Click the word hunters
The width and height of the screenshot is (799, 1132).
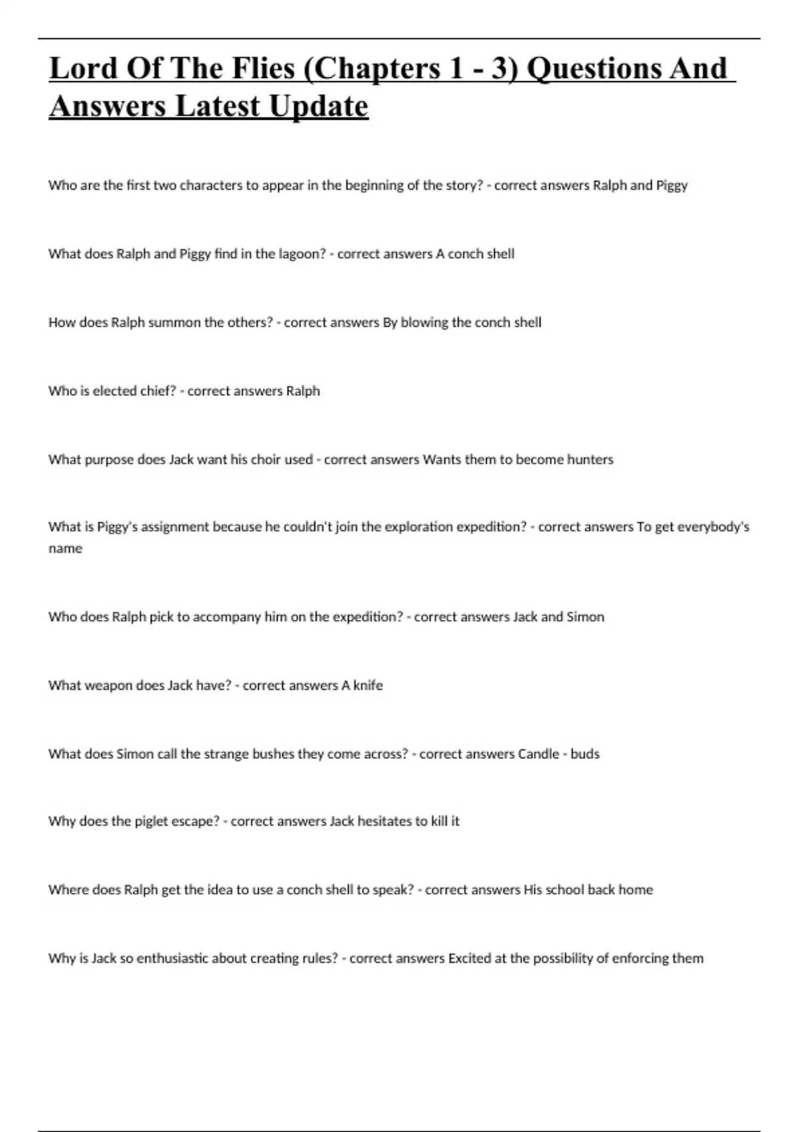590,459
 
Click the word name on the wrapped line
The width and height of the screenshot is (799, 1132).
65,549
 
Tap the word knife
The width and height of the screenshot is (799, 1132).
368,685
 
